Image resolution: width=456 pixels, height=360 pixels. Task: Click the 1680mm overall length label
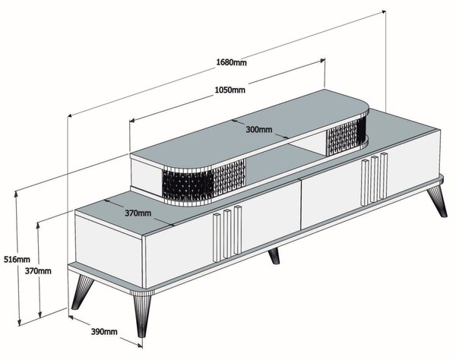(232, 62)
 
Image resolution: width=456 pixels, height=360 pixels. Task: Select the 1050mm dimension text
(230, 90)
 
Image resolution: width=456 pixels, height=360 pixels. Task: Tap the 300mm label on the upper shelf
(259, 129)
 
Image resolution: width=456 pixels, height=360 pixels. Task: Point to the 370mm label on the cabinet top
(138, 213)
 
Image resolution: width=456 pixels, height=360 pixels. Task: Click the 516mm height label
(17, 259)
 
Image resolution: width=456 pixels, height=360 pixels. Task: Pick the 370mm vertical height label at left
(38, 271)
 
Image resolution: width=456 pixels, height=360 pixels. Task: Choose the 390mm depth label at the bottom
(104, 331)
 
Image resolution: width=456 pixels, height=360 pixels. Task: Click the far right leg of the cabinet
(437, 201)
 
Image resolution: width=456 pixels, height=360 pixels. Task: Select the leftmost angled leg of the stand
(81, 292)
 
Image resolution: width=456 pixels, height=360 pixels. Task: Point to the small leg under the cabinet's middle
(274, 256)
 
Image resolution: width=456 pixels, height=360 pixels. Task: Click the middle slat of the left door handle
(227, 233)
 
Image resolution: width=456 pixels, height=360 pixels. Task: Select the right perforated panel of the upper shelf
(346, 137)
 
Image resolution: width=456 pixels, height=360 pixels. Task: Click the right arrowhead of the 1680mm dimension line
(384, 11)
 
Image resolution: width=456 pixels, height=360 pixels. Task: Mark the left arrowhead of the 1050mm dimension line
(131, 120)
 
